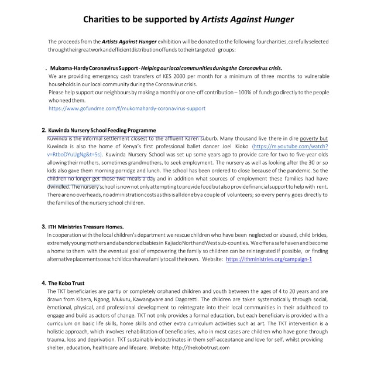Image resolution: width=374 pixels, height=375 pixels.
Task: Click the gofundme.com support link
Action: pyautogui.click(x=127, y=108)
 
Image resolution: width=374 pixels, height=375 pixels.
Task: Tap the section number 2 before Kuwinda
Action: pyautogui.click(x=44, y=129)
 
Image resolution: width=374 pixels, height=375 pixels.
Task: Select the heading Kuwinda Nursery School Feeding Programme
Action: pyautogui.click(x=102, y=129)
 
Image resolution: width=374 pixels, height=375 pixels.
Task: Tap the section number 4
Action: pyautogui.click(x=44, y=282)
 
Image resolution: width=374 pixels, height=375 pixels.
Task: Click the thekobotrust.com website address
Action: pyautogui.click(x=201, y=347)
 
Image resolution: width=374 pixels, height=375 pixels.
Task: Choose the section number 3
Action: pyautogui.click(x=44, y=226)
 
